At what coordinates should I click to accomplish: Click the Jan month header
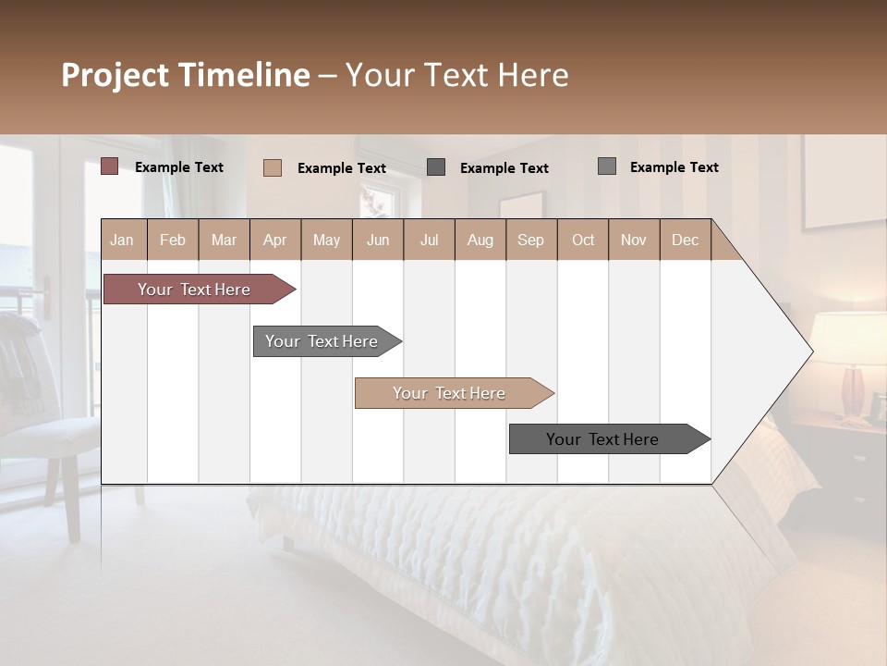point(123,240)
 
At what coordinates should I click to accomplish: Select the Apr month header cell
point(275,240)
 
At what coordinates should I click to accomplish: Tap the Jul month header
point(429,240)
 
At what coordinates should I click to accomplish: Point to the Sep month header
point(531,240)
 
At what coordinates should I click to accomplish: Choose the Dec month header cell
point(685,240)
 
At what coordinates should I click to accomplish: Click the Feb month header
point(173,240)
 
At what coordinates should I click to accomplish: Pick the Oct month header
point(583,240)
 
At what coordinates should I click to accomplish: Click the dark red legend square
point(109,166)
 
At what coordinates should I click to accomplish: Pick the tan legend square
point(272,167)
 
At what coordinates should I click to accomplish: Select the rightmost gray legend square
point(606,166)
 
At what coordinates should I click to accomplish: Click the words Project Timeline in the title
point(185,75)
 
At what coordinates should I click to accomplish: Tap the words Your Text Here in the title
point(456,75)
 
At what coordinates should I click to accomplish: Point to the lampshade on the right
point(848,338)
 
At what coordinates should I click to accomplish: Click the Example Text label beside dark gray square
point(504,167)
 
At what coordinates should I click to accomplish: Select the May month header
point(326,240)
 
